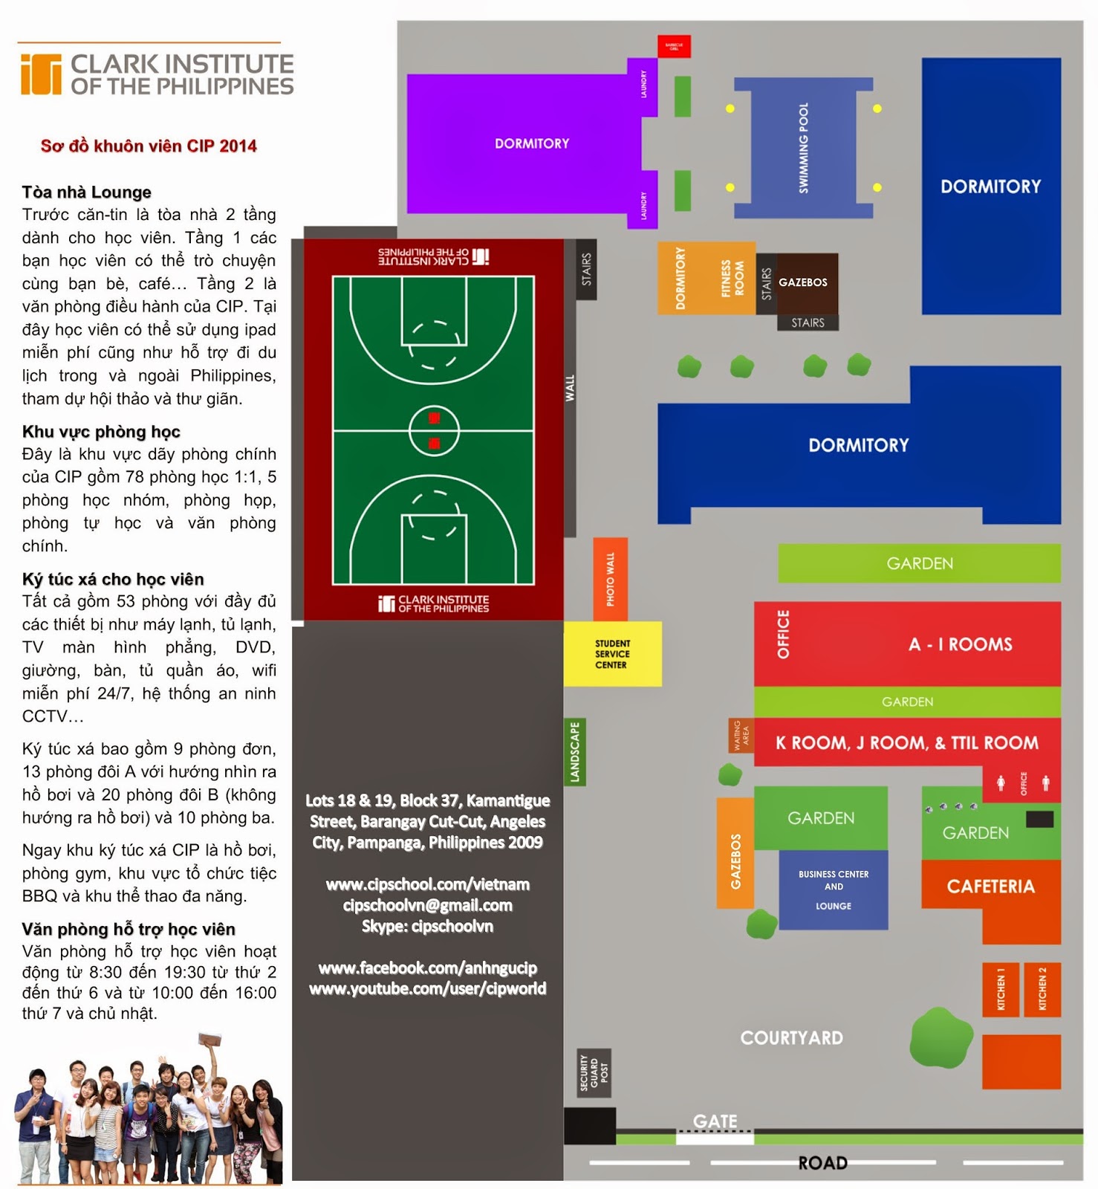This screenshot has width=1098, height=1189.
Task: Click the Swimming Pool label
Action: [x=803, y=148]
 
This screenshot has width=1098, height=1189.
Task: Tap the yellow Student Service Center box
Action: [x=612, y=654]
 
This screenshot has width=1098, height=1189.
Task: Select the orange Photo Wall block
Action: [x=610, y=579]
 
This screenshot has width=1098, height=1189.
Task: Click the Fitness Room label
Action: [x=732, y=278]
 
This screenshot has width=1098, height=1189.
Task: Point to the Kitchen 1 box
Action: [x=1000, y=989]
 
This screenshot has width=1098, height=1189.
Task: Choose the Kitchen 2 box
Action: [x=1042, y=989]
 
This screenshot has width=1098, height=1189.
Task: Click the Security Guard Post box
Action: [x=594, y=1073]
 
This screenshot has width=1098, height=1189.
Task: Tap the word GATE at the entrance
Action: [x=715, y=1121]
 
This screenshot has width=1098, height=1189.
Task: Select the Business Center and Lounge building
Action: [x=833, y=890]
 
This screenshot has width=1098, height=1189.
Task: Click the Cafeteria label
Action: [x=990, y=887]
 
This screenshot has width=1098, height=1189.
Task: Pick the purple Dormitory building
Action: [x=531, y=143]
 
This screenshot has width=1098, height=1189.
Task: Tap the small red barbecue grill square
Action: [x=674, y=46]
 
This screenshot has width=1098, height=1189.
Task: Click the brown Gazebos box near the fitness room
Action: [x=803, y=282]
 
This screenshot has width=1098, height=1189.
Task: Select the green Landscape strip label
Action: [x=574, y=752]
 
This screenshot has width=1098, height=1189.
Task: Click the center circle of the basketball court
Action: [x=434, y=430]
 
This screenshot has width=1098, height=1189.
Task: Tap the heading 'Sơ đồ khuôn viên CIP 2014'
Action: [x=149, y=146]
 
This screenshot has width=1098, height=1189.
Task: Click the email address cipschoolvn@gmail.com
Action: [x=427, y=905]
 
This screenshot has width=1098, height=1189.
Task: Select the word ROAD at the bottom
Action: [x=822, y=1163]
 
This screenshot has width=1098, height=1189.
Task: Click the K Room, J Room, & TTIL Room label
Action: [x=906, y=742]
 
